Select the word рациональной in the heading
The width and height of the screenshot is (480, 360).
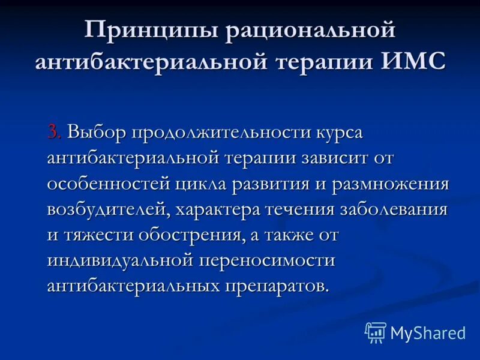(310, 30)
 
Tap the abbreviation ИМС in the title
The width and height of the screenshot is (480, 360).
(414, 62)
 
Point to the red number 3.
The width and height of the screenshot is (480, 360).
(54, 131)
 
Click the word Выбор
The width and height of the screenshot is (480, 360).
(96, 131)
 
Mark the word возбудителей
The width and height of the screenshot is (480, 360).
(105, 209)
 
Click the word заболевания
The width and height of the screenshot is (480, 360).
(394, 209)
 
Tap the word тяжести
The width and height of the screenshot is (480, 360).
(98, 235)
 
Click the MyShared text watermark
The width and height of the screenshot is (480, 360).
(428, 333)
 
